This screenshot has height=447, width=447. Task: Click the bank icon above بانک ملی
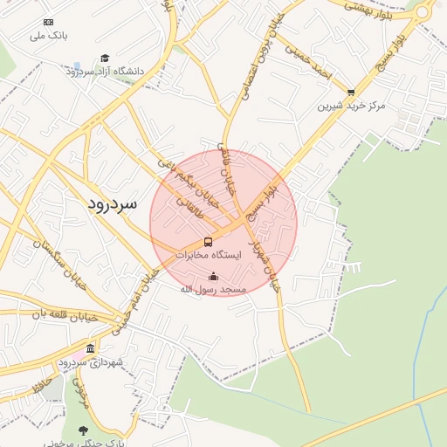click(x=48, y=22)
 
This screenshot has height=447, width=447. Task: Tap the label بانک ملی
click(x=48, y=36)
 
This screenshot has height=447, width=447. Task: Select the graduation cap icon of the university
click(x=105, y=58)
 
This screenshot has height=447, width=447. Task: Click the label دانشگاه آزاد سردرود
click(x=104, y=71)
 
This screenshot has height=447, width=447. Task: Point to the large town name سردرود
click(x=113, y=204)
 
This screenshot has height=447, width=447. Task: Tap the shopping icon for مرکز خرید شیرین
click(x=351, y=92)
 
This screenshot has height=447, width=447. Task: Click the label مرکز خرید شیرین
click(x=351, y=106)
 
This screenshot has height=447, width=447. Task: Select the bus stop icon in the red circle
click(x=208, y=242)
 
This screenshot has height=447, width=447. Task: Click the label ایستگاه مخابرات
click(x=207, y=256)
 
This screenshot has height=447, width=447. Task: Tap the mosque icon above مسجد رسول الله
click(x=213, y=277)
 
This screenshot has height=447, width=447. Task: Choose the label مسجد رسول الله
click(x=213, y=289)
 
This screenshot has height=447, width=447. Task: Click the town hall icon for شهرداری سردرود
click(x=90, y=348)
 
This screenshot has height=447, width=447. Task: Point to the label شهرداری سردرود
click(x=91, y=361)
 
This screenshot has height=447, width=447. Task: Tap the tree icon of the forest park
click(x=83, y=430)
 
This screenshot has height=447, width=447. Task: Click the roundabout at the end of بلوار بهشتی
click(x=423, y=11)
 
